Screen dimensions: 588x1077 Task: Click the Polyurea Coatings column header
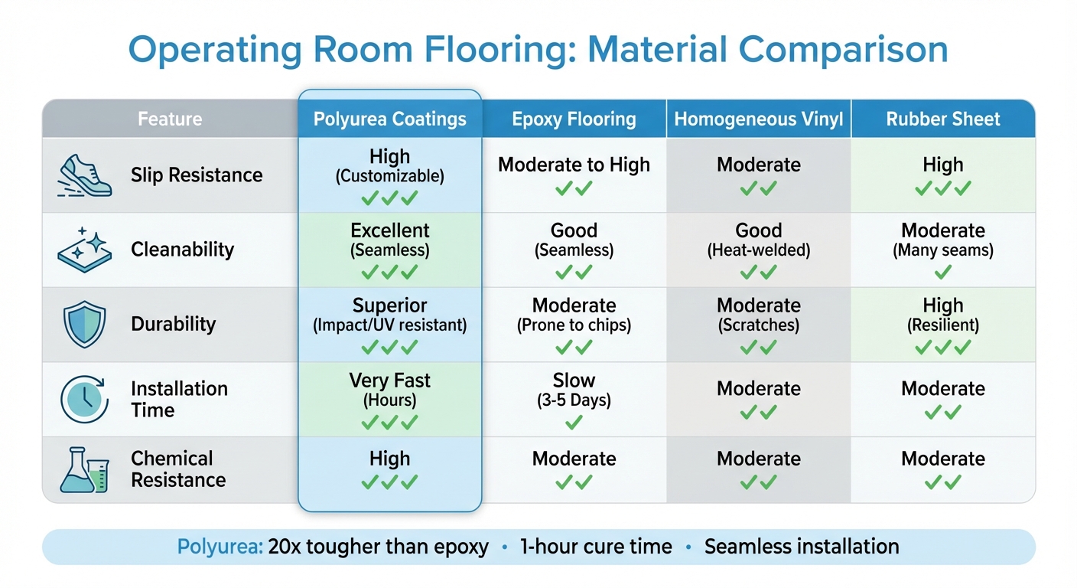389,119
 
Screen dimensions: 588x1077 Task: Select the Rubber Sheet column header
942,119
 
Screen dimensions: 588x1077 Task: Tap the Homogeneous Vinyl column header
758,119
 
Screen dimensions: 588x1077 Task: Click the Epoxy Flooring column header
574,119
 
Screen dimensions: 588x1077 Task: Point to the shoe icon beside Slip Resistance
84,175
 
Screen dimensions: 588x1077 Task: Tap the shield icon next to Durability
83,324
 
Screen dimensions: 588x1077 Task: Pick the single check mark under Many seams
943,271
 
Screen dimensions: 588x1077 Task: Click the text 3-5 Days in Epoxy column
574,400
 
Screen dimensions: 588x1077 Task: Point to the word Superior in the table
389,305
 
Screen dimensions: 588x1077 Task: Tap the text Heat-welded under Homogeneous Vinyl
758,250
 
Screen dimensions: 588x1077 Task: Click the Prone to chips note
574,325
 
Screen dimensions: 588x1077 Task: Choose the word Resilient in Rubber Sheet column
943,325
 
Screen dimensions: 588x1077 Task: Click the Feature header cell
170,119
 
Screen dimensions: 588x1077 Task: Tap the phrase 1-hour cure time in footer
596,547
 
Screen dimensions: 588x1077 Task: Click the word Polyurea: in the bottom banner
220,547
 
